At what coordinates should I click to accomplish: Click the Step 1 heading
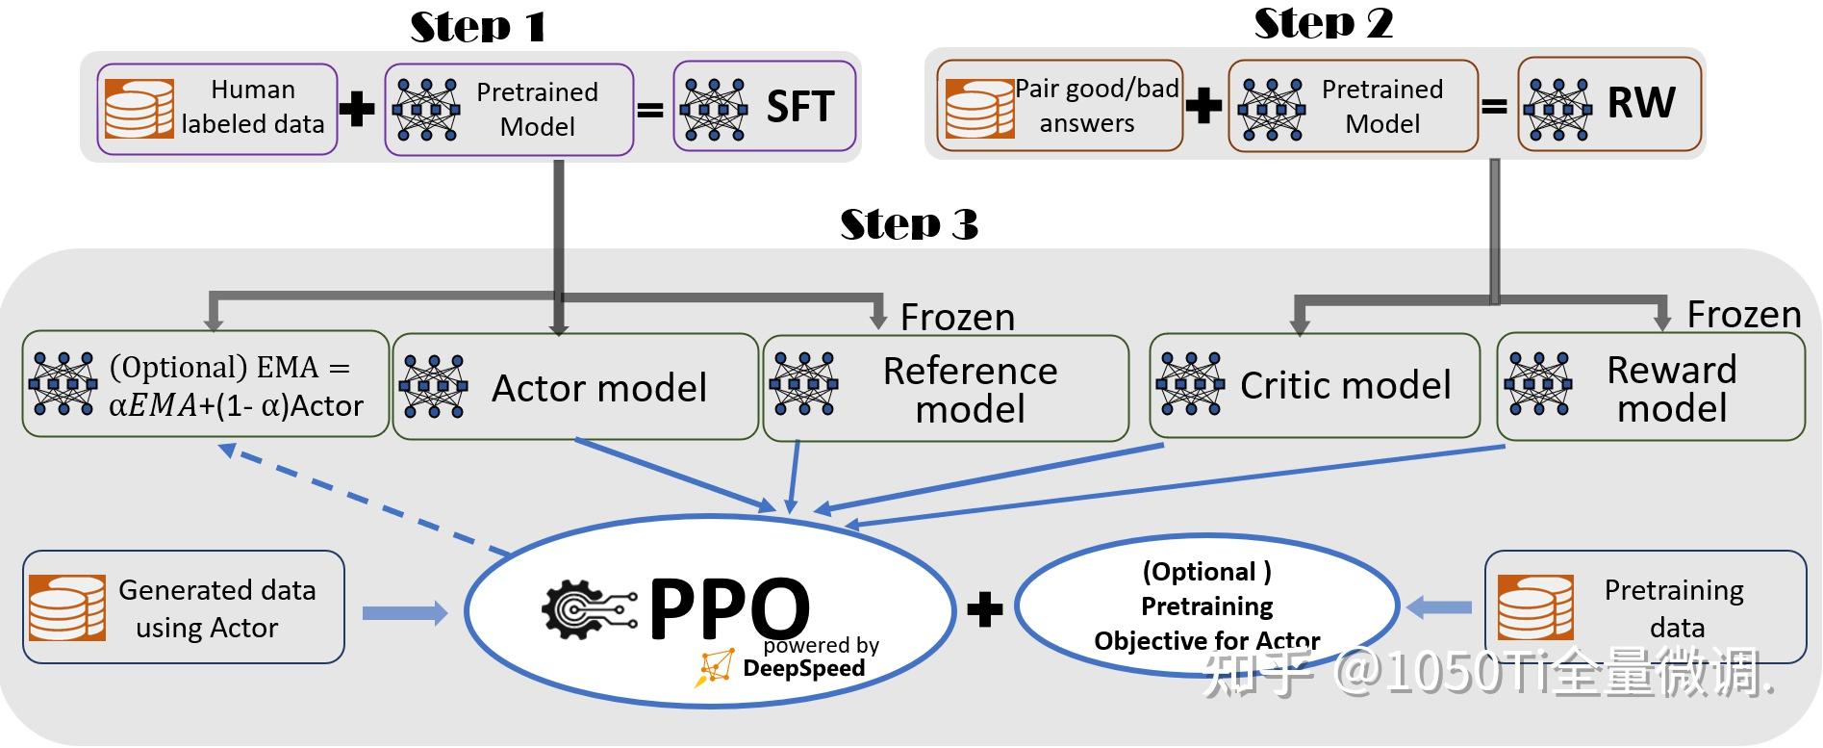pos(478,26)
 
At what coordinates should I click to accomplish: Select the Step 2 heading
pos(1324,23)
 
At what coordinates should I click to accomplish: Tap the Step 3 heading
pos(909,223)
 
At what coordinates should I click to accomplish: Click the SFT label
pos(799,106)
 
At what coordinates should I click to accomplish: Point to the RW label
pos(1641,102)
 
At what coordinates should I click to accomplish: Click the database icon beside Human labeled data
pos(139,110)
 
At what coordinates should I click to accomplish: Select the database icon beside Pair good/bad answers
pos(979,109)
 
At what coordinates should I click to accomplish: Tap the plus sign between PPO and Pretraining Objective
pos(984,608)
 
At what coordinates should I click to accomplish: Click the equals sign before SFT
pos(651,110)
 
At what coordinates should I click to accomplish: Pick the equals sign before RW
pos(1494,106)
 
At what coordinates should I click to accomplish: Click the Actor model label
pos(599,387)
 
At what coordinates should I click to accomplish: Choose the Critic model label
pos(1345,385)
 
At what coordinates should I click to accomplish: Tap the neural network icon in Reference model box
pos(803,383)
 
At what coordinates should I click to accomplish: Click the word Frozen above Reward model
pos(1744,314)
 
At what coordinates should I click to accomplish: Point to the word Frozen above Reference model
pos(957,317)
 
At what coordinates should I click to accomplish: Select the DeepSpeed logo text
pos(804,668)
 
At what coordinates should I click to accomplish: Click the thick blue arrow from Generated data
pos(405,612)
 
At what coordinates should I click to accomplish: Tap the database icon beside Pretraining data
pos(1536,606)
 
